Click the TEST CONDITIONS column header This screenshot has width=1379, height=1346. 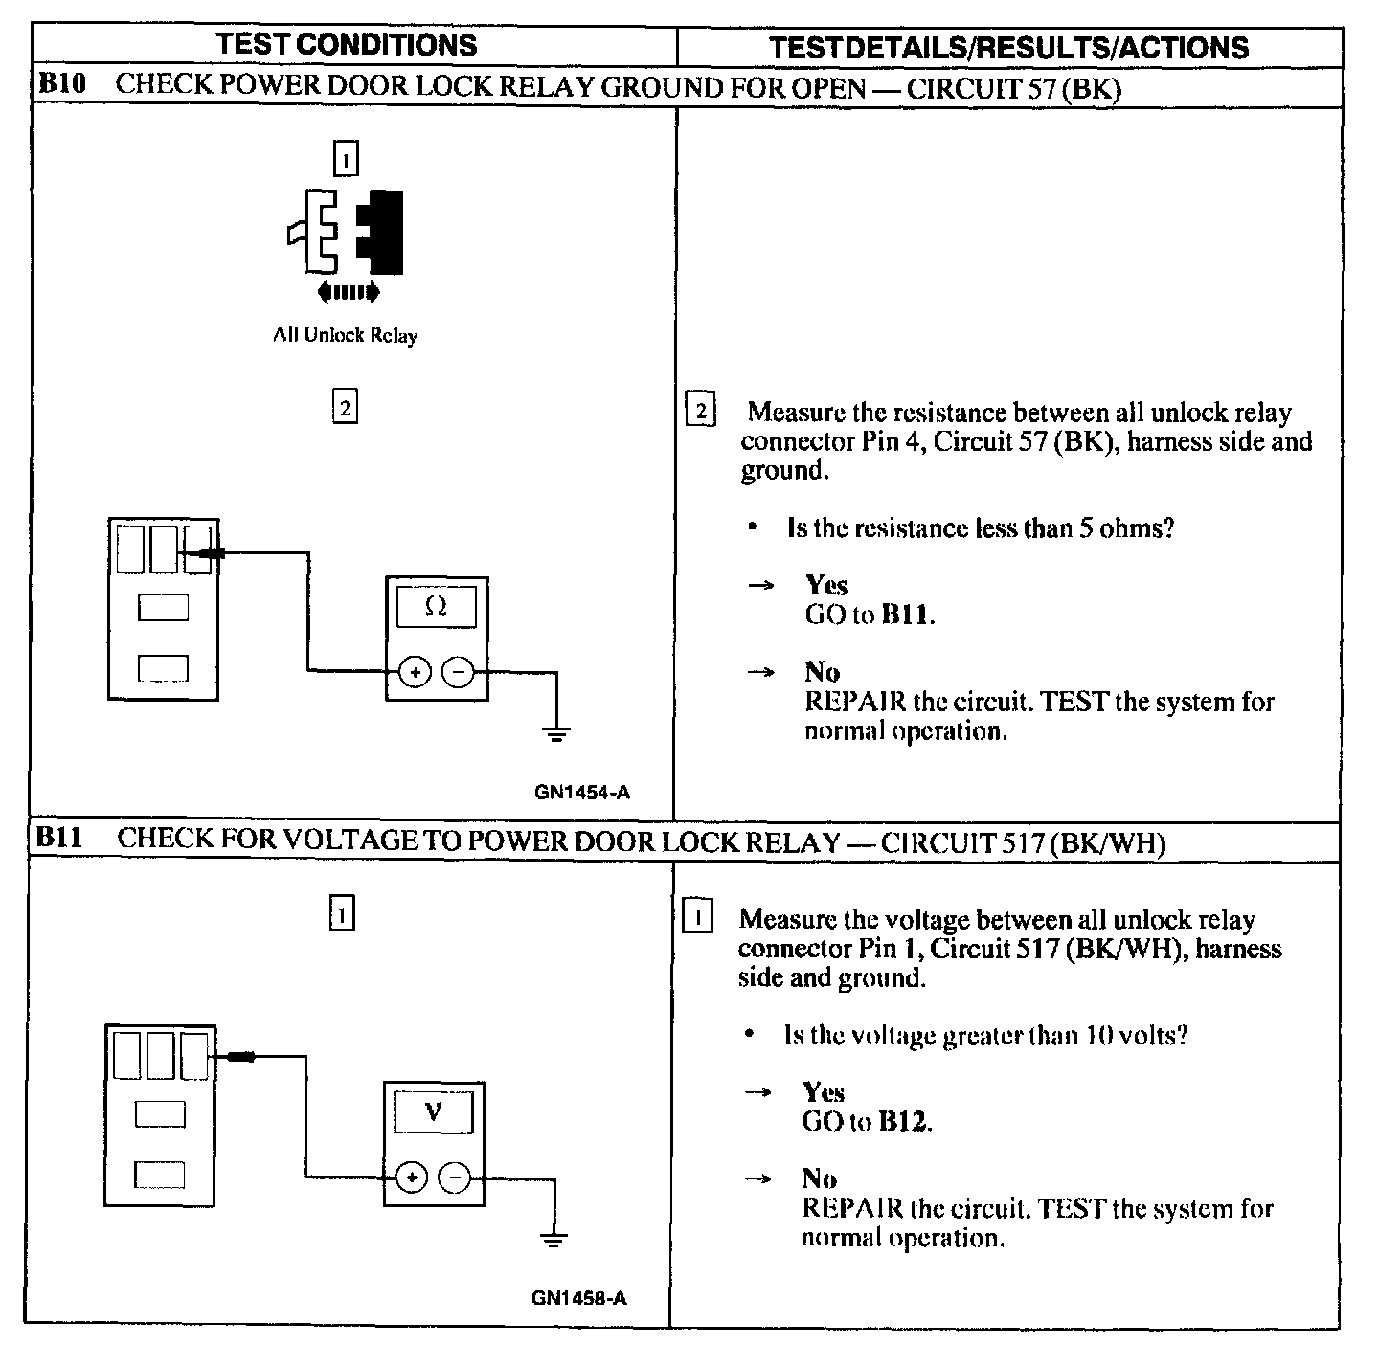pyautogui.click(x=346, y=44)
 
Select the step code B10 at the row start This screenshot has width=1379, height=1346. pyautogui.click(x=62, y=84)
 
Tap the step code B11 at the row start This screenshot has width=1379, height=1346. pyautogui.click(x=60, y=840)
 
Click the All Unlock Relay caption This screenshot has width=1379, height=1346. pyautogui.click(x=345, y=335)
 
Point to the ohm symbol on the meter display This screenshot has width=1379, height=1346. pyautogui.click(x=436, y=606)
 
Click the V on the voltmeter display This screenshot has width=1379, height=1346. pyautogui.click(x=434, y=1112)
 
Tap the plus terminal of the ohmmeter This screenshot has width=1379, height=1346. pyautogui.click(x=415, y=672)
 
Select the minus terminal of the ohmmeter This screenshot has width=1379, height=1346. pyautogui.click(x=459, y=672)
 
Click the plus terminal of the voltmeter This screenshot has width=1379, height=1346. pyautogui.click(x=412, y=1177)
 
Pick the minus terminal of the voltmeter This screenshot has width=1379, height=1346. pyautogui.click(x=455, y=1177)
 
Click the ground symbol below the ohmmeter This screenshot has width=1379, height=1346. pyautogui.click(x=556, y=734)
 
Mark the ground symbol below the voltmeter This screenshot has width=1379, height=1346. pyautogui.click(x=553, y=1239)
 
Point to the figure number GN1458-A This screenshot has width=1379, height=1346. pyautogui.click(x=578, y=1298)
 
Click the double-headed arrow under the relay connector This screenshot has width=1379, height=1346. pyautogui.click(x=348, y=291)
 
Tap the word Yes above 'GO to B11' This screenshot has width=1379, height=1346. pyautogui.click(x=826, y=585)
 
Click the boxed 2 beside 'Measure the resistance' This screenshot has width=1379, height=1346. pyautogui.click(x=701, y=412)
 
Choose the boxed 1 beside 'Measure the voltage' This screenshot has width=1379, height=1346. pyautogui.click(x=697, y=919)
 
